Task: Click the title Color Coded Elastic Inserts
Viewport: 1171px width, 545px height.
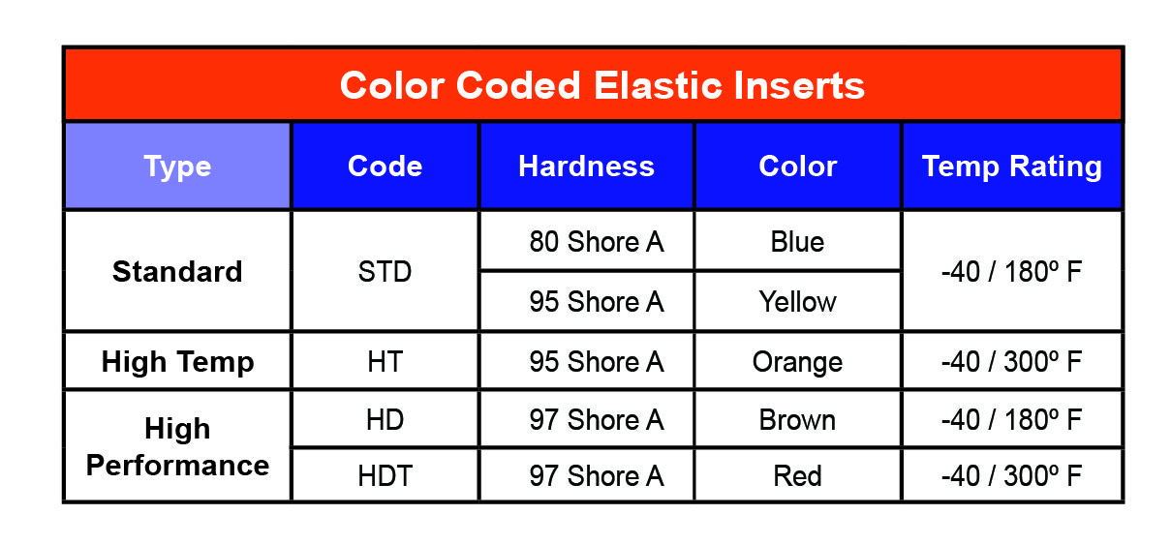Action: point(601,86)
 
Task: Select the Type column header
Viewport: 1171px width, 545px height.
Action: point(177,167)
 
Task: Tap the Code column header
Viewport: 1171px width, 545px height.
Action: point(385,167)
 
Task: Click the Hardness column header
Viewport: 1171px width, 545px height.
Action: point(586,167)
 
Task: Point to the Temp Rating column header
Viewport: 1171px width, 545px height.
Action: point(1011,167)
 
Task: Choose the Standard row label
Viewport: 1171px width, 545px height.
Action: point(177,271)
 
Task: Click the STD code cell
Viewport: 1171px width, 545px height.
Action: point(385,271)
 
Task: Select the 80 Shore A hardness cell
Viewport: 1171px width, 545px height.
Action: point(596,241)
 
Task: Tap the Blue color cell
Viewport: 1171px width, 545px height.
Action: point(797,241)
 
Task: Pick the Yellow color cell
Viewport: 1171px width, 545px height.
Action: point(797,302)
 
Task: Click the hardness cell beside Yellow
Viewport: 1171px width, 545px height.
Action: point(596,302)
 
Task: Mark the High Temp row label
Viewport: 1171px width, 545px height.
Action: point(177,362)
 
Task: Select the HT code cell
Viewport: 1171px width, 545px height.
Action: point(385,362)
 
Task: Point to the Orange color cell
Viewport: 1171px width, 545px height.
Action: point(797,362)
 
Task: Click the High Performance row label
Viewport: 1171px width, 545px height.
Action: point(177,446)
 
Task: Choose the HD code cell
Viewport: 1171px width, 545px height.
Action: point(385,420)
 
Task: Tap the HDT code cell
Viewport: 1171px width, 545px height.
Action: point(385,476)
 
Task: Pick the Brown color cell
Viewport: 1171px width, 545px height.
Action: point(797,420)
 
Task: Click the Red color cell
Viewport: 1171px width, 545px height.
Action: point(797,476)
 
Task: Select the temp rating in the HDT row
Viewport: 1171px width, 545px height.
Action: point(1011,476)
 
